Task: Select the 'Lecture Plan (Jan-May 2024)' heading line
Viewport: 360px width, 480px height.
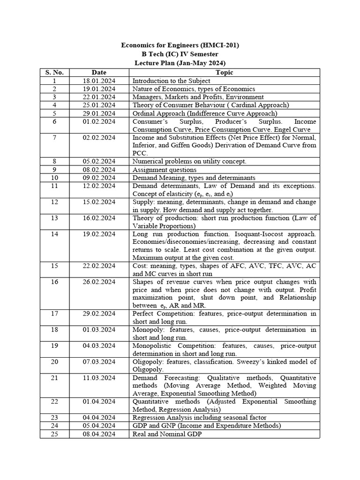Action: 180,63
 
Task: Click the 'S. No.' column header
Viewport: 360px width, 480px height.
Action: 54,72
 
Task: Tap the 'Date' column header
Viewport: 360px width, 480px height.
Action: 99,72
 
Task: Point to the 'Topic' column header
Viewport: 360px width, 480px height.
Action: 224,72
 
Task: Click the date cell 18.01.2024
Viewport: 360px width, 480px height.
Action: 99,81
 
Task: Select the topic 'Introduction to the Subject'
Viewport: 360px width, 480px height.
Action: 171,81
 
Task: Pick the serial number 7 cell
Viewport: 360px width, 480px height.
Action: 54,137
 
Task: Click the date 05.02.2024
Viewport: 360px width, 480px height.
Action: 99,161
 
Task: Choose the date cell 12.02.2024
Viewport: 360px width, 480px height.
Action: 99,186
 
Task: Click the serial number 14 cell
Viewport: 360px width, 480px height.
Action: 54,234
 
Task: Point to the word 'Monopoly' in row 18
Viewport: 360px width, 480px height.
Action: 147,330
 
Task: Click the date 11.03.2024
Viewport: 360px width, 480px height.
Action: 99,378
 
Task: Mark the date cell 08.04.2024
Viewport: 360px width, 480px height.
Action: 99,434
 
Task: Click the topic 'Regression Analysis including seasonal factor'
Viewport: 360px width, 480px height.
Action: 200,417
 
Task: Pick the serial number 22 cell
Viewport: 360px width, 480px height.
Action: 54,402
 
